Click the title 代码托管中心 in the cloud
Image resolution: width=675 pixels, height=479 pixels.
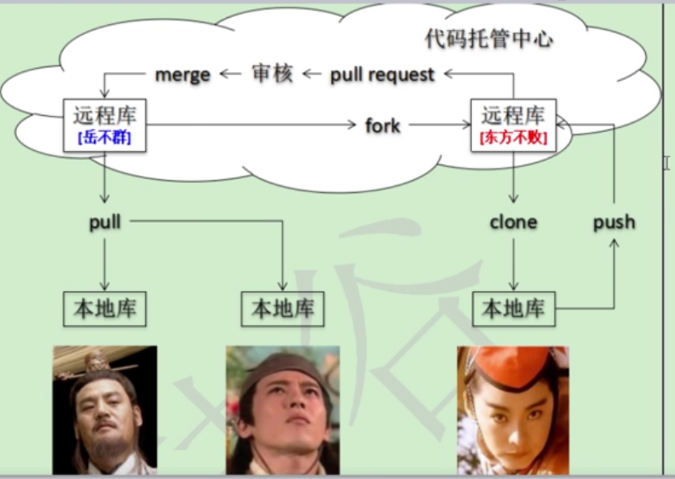(x=489, y=39)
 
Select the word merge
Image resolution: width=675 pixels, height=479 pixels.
(x=182, y=74)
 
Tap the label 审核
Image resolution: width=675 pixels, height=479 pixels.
(x=272, y=74)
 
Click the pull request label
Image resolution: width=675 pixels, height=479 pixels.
(x=382, y=75)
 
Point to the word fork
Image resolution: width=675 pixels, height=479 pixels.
(x=382, y=125)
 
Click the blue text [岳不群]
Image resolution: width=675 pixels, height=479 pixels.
(x=105, y=138)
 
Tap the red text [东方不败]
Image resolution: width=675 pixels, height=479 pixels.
(x=513, y=138)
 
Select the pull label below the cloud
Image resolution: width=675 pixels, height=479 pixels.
(x=105, y=222)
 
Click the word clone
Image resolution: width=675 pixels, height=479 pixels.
(x=513, y=222)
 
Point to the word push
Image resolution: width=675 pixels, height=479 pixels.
(x=614, y=222)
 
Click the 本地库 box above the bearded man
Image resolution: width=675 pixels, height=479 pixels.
(x=105, y=309)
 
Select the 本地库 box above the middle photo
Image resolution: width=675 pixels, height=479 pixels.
(x=282, y=309)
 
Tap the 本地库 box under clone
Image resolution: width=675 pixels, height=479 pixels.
(x=513, y=309)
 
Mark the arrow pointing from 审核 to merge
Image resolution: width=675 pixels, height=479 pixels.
(x=231, y=74)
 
